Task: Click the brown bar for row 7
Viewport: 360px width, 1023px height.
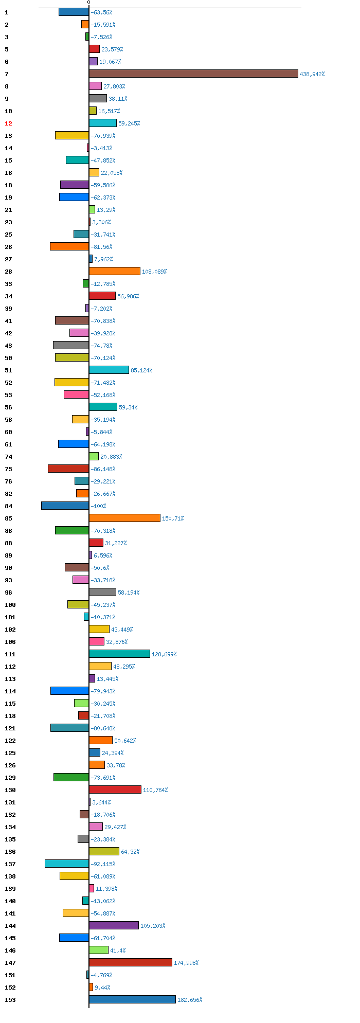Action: tap(193, 74)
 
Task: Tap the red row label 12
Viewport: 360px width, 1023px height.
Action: tap(8, 123)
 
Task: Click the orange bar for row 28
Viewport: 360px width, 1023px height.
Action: tap(115, 271)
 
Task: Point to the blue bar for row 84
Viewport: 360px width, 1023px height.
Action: tap(65, 506)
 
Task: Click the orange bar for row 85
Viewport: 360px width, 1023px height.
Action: tap(124, 518)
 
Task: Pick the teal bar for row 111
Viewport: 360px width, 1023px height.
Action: tap(119, 654)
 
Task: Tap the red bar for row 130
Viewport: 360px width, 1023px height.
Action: tap(115, 789)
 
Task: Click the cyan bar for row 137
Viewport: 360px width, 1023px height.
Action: tap(67, 864)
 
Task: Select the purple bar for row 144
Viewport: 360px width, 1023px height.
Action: tap(114, 925)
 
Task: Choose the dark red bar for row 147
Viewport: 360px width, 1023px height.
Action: tap(131, 962)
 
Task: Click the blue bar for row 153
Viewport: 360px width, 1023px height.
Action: tap(132, 999)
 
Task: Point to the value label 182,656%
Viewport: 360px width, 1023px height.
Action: tap(190, 1000)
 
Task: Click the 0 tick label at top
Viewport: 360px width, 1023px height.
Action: tap(88, 3)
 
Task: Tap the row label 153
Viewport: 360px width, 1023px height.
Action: tap(10, 1000)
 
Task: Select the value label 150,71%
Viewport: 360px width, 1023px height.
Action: tap(173, 518)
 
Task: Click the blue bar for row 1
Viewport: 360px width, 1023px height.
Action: tap(74, 12)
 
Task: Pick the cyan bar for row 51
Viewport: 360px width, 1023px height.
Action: tap(109, 370)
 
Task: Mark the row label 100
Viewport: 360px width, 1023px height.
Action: tap(10, 605)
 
